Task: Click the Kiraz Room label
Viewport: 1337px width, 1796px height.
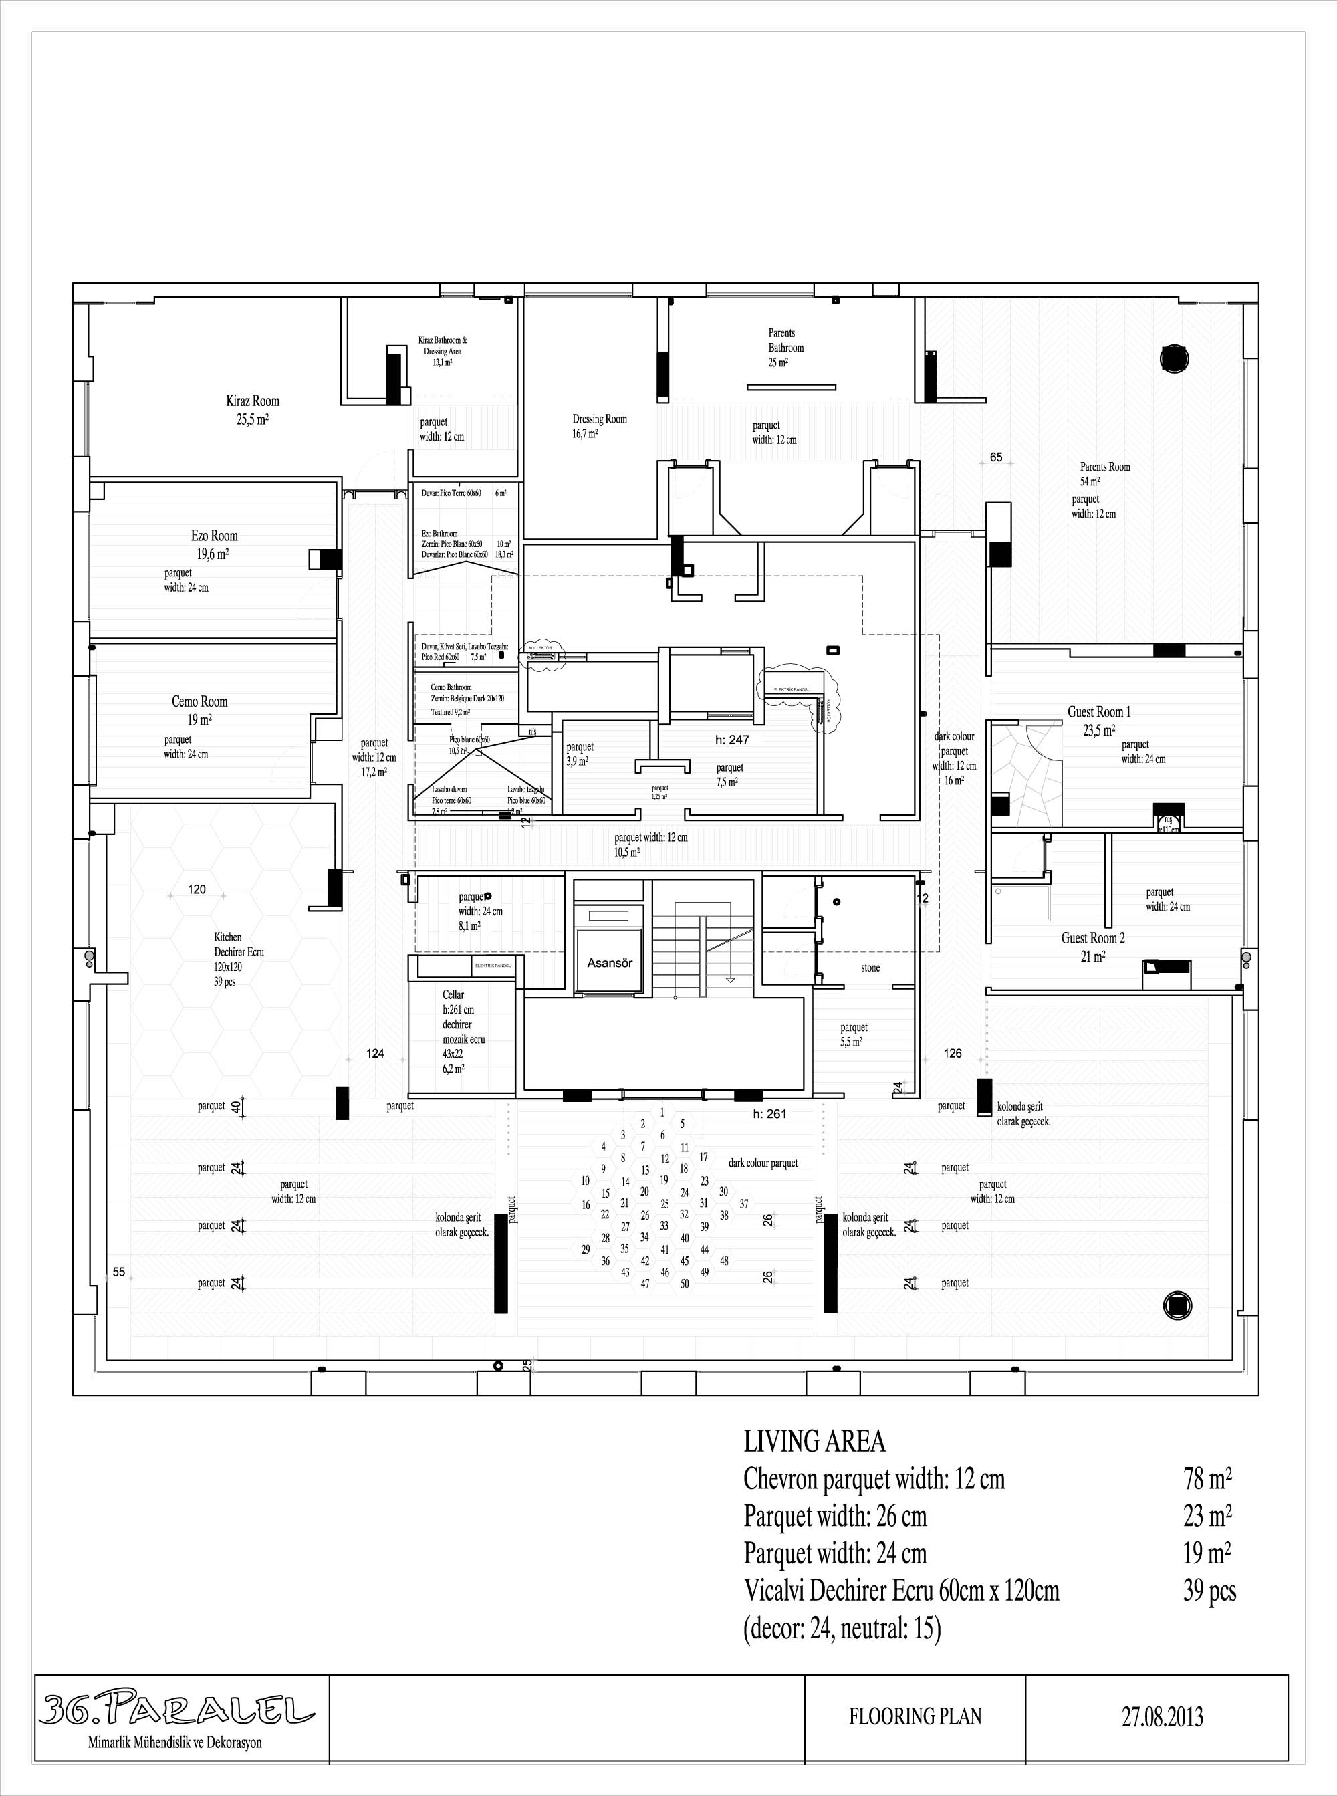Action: click(253, 401)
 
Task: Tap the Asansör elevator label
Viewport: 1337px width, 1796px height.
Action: click(610, 963)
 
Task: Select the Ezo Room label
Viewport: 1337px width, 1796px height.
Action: click(215, 536)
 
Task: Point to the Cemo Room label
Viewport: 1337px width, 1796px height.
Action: click(199, 701)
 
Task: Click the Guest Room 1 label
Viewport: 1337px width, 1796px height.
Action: click(1099, 712)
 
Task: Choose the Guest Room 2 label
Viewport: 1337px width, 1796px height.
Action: click(1092, 938)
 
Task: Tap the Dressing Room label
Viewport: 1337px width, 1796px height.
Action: click(600, 419)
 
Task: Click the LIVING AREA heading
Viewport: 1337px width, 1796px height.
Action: click(814, 1442)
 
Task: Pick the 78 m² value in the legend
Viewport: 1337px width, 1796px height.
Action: click(1207, 1480)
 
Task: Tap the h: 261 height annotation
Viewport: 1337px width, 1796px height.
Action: click(769, 1114)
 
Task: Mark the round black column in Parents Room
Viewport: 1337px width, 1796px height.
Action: click(1175, 358)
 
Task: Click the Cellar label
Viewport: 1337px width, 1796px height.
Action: click(453, 995)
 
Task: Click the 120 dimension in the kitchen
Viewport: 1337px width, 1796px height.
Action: click(197, 889)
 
